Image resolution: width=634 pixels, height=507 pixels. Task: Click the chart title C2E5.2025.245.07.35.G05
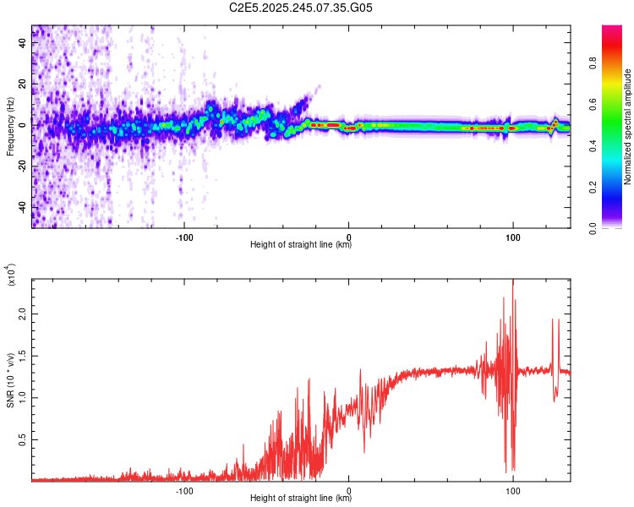point(301,8)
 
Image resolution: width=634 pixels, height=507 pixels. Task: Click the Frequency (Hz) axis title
point(10,126)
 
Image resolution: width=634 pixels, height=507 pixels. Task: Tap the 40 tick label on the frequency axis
point(22,44)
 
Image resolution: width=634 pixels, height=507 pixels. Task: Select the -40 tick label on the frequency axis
point(20,207)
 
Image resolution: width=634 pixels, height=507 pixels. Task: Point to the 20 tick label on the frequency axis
point(22,84)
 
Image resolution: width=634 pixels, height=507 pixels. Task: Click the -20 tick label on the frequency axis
point(20,166)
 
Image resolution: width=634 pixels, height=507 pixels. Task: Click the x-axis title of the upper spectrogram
point(301,245)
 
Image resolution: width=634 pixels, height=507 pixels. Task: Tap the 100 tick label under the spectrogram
point(513,235)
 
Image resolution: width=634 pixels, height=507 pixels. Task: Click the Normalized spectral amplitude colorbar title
point(628,126)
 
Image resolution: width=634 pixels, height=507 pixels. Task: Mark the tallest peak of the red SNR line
point(512,281)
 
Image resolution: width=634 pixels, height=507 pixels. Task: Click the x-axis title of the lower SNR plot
point(301,499)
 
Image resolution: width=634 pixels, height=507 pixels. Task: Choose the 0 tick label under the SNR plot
point(349,488)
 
